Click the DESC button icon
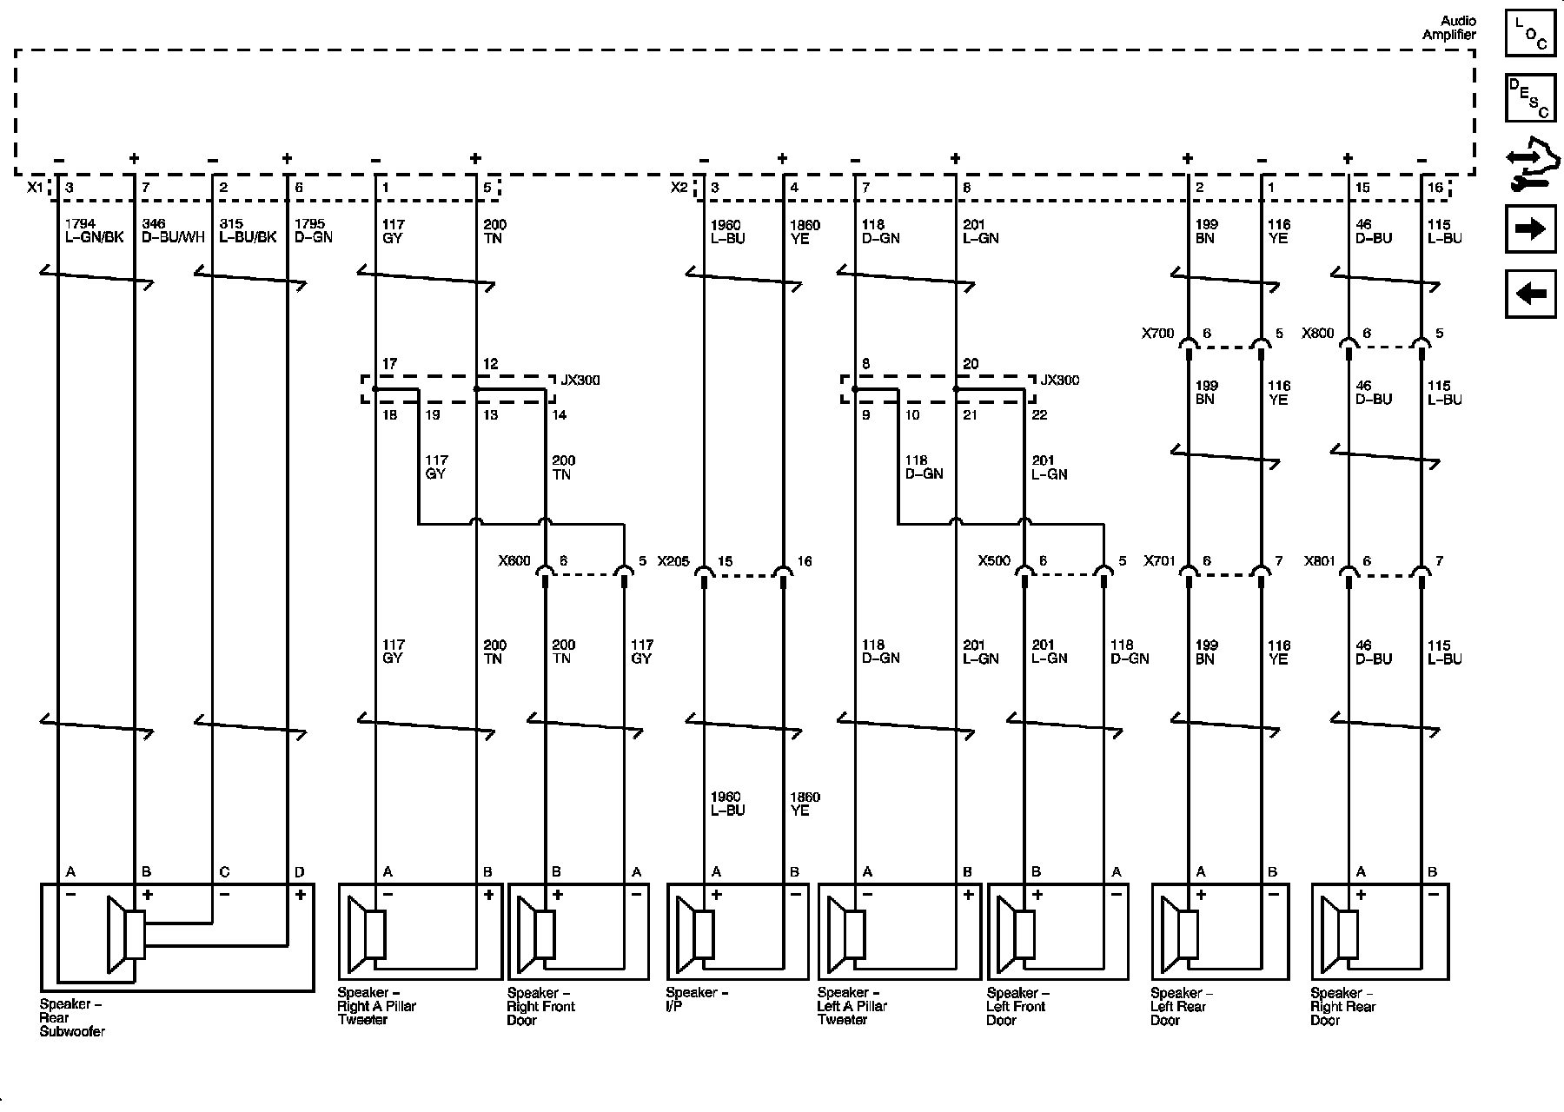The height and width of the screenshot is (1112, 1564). tap(1530, 98)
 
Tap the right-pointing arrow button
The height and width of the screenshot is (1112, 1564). tap(1530, 229)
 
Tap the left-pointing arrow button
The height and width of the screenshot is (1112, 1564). tap(1530, 295)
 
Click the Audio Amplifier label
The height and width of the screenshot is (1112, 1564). tap(1448, 28)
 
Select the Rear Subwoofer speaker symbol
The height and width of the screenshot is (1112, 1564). tap(127, 935)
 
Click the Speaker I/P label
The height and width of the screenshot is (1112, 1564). tap(697, 999)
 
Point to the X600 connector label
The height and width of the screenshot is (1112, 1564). tap(514, 561)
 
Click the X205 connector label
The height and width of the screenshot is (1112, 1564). tap(673, 561)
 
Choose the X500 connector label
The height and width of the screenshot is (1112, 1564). tap(994, 561)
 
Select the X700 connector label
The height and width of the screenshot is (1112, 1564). tap(1157, 333)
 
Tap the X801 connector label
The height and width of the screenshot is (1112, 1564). tap(1318, 561)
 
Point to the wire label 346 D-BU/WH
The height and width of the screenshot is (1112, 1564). tap(173, 231)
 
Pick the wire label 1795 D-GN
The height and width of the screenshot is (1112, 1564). tap(313, 231)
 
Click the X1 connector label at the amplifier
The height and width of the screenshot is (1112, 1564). tap(35, 188)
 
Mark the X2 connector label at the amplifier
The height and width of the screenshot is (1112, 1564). tap(679, 188)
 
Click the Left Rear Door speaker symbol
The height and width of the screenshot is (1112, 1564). tap(1186, 935)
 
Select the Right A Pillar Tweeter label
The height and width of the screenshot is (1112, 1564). tap(377, 1006)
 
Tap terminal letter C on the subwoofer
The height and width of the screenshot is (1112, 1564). tap(224, 872)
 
